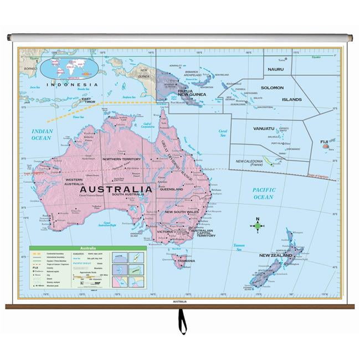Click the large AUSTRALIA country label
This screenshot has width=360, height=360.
pos(116,189)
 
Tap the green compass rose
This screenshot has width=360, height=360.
pos(257,225)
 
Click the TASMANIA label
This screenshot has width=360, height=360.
pos(186,260)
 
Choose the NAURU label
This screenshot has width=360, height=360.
pos(275,69)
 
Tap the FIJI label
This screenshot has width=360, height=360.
pos(325,142)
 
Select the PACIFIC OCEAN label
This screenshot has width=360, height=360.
pos(264,193)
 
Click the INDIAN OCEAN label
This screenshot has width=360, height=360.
pos(42,134)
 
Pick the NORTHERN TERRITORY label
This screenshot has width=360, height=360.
pos(122,159)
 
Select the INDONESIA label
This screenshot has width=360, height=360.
pos(72,85)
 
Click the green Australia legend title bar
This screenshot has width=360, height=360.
pos(88,248)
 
